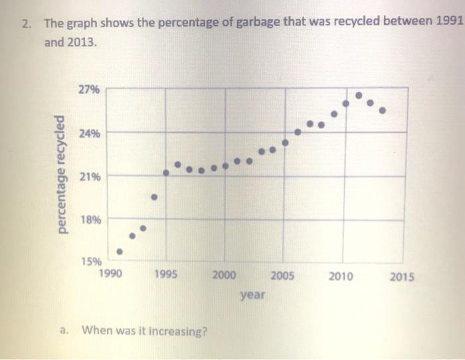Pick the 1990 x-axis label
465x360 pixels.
pos(110,272)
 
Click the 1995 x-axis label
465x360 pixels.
pos(167,272)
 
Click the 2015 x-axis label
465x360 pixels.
pos(400,276)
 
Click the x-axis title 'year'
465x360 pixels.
pos(252,294)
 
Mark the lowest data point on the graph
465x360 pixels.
pos(120,252)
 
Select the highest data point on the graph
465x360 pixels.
pos(359,96)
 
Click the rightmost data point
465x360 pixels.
pos(381,111)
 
